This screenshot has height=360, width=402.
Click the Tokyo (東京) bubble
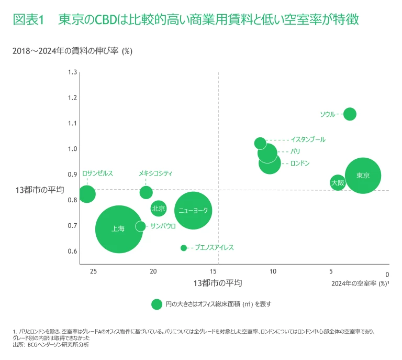[363, 176]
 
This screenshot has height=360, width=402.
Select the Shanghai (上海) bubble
[119, 229]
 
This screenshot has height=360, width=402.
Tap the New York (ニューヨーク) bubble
[193, 210]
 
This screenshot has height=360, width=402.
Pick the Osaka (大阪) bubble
[338, 182]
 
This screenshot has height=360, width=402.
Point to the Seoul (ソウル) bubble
[350, 114]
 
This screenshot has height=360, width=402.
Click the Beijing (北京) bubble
[158, 208]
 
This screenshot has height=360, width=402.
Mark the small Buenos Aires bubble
[184, 248]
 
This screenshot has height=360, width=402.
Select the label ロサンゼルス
[98, 173]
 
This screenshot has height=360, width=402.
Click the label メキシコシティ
[155, 173]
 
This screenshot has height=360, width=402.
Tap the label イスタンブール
[308, 140]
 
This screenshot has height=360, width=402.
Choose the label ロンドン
[300, 163]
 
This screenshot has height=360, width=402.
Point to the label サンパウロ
[163, 226]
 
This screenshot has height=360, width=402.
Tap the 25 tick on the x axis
[94, 271]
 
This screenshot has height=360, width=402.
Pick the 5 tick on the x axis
[331, 271]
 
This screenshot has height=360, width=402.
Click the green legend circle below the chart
[157, 304]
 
